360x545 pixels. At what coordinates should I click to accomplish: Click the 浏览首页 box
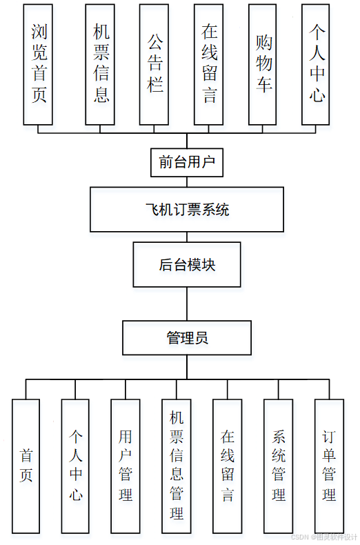tap(38, 64)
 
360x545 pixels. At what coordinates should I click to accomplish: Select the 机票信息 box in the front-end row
tap(100, 64)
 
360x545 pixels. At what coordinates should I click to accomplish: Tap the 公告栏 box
tap(154, 64)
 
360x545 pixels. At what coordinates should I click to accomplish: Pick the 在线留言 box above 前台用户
tap(208, 64)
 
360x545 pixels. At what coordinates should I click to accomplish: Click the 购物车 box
tap(263, 64)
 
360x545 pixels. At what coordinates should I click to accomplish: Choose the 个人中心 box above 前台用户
tap(316, 64)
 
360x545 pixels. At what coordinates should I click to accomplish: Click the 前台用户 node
tap(187, 163)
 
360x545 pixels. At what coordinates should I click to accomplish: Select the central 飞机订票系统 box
tap(187, 210)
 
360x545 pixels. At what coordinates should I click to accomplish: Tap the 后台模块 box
tap(187, 264)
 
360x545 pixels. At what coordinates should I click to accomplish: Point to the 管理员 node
tap(187, 338)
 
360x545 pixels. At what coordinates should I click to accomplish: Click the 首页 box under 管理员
tap(26, 466)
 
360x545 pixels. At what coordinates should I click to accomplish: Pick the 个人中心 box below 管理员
tap(75, 466)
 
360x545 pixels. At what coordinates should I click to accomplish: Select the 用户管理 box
tap(126, 466)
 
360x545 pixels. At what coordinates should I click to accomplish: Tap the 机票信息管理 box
tap(177, 466)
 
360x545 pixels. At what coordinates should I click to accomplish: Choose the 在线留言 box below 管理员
tap(228, 466)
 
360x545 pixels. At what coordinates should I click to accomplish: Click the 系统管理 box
tap(279, 466)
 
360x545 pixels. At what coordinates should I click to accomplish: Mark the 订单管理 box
tap(329, 466)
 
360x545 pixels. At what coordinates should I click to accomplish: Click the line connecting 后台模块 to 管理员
tap(187, 304)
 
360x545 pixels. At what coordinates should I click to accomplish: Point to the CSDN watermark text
tap(324, 537)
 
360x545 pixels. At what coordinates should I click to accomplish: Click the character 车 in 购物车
tap(263, 84)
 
